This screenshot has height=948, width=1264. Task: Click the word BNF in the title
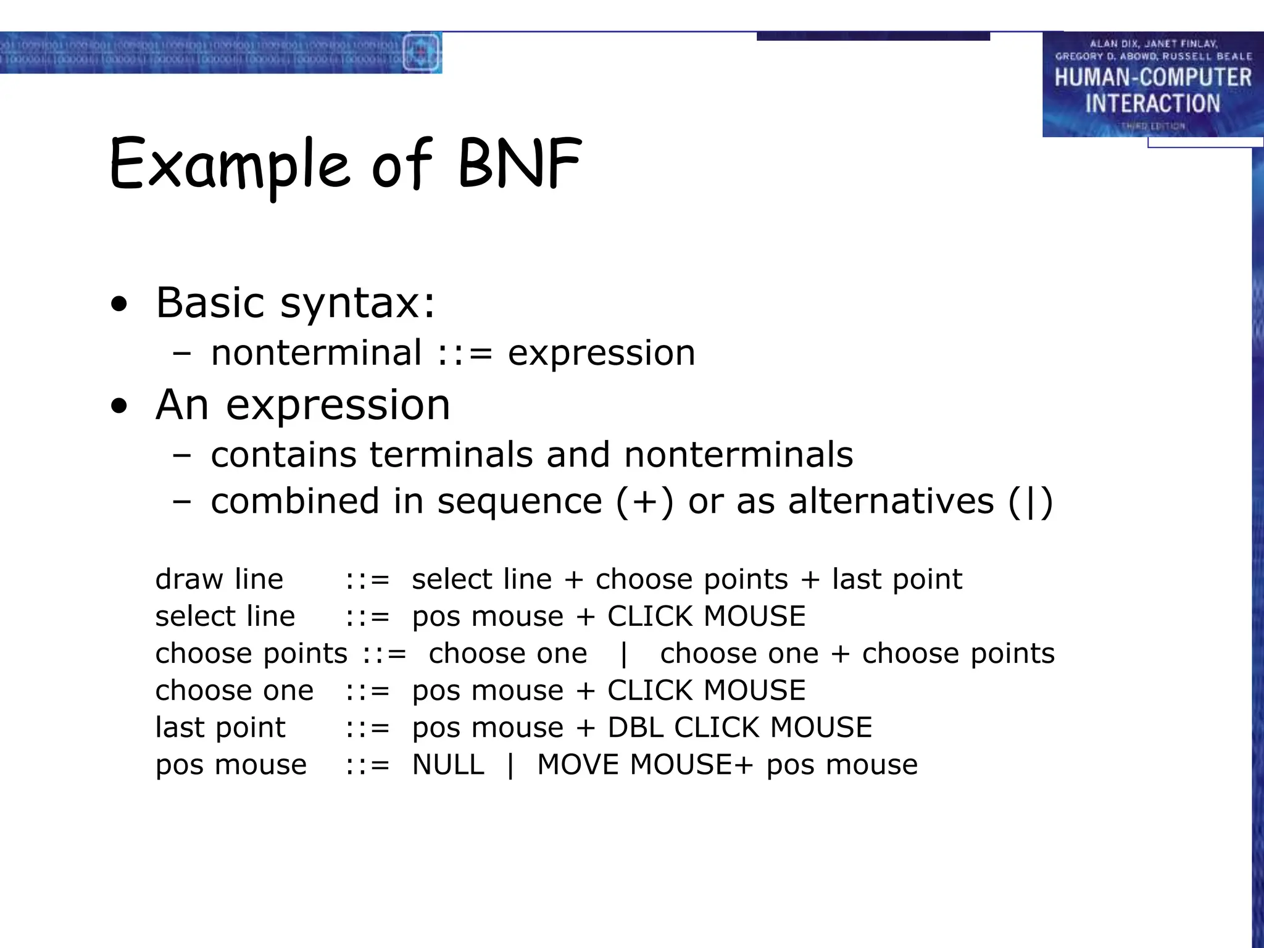pyautogui.click(x=520, y=164)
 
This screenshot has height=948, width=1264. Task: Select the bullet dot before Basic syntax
pyautogui.click(x=119, y=304)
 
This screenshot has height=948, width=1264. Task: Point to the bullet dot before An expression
pyautogui.click(x=119, y=406)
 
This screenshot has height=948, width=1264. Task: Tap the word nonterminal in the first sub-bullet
pyautogui.click(x=316, y=353)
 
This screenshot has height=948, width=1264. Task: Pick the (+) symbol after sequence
pyautogui.click(x=644, y=501)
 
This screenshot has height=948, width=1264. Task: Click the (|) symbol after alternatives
pyautogui.click(x=1030, y=501)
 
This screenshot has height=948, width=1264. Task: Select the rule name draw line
pyautogui.click(x=219, y=580)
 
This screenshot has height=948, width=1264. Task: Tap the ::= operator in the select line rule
pyautogui.click(x=367, y=617)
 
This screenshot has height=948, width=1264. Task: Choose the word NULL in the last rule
pyautogui.click(x=448, y=765)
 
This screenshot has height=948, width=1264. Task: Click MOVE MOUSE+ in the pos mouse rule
pyautogui.click(x=645, y=765)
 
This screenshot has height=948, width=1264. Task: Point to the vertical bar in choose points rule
pyautogui.click(x=623, y=654)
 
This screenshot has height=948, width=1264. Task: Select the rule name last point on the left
pyautogui.click(x=220, y=728)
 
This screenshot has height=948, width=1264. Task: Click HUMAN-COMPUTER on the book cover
pyautogui.click(x=1152, y=78)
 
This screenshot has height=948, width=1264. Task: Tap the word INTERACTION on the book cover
pyautogui.click(x=1152, y=103)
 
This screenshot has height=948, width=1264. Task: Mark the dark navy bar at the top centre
pyautogui.click(x=873, y=36)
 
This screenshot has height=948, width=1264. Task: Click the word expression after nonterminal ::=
pyautogui.click(x=601, y=353)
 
